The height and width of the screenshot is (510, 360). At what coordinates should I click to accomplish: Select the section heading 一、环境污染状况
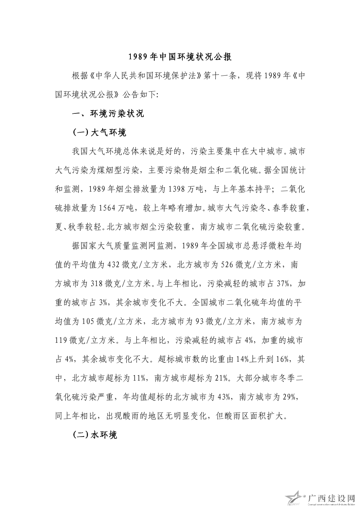(x=108, y=114)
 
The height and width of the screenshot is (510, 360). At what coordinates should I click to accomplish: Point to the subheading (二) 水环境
(x=95, y=435)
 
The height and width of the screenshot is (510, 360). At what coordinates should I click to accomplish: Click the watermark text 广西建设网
(x=331, y=497)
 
